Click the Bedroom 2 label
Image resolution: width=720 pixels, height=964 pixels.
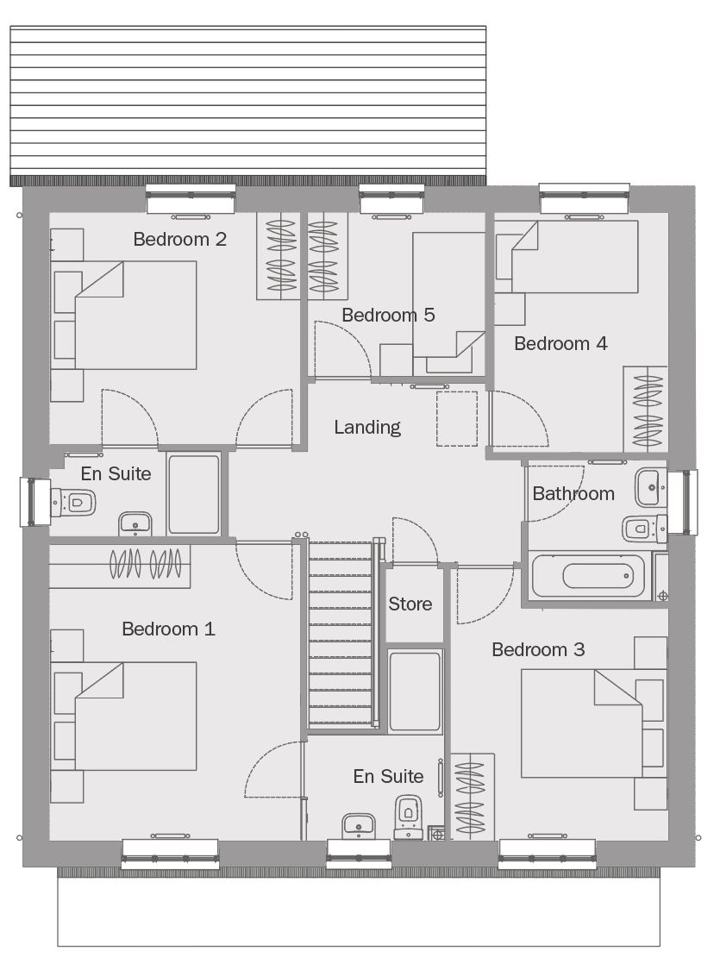click(x=179, y=239)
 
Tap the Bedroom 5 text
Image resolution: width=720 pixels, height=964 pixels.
click(x=388, y=315)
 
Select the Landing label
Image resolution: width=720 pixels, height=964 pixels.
click(x=367, y=428)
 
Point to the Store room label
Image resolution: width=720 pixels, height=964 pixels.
click(x=410, y=604)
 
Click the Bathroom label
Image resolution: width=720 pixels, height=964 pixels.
click(x=573, y=493)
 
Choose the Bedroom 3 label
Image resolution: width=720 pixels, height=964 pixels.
click(x=538, y=649)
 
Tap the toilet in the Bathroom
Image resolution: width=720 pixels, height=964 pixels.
click(x=644, y=528)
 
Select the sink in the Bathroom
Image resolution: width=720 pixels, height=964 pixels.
click(x=650, y=487)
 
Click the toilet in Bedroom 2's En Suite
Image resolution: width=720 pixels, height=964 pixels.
click(x=73, y=503)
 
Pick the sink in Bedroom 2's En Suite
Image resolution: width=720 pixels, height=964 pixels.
click(x=135, y=523)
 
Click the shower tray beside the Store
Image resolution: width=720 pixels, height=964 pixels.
click(x=415, y=691)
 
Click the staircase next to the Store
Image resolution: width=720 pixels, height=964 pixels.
click(x=341, y=634)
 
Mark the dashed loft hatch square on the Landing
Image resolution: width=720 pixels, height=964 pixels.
click(x=457, y=419)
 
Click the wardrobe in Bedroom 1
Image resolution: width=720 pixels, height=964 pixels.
click(x=120, y=566)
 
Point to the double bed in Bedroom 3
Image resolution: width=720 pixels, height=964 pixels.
click(x=582, y=723)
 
